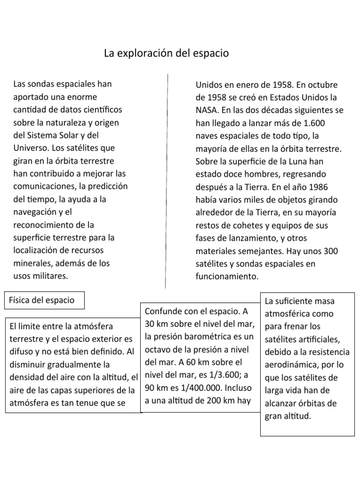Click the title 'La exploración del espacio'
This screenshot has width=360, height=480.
[x=166, y=53]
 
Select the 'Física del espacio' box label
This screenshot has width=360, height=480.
[x=42, y=300]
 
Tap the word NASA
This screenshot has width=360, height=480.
[x=207, y=111]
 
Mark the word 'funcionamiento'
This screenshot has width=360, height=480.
[x=226, y=277]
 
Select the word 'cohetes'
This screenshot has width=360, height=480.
[x=242, y=225]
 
